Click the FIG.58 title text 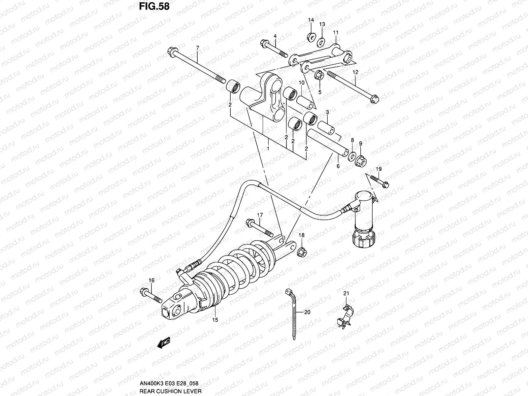point(153,6)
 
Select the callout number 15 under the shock point(215,320)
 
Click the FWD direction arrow point(164,344)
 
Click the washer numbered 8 point(352,155)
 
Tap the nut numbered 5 point(319,75)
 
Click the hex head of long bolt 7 point(172,51)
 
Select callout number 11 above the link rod point(336,32)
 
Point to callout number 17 point(260,215)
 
